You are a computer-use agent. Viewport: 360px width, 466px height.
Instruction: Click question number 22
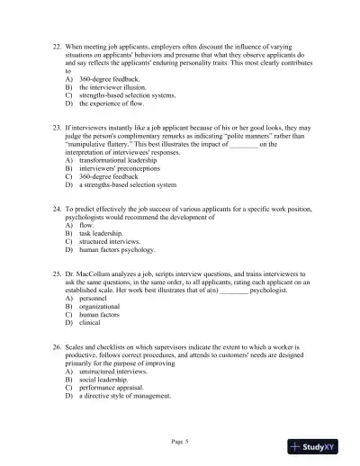click(x=58, y=44)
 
